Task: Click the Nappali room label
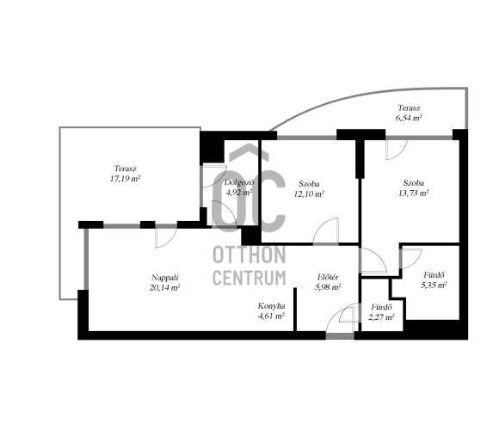tap(164, 278)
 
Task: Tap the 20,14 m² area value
tap(165, 288)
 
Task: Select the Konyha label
tap(271, 306)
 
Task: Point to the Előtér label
tap(328, 277)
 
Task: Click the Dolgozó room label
tap(239, 182)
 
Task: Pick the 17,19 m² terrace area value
tap(126, 178)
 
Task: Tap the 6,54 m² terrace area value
tap(409, 118)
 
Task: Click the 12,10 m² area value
tap(309, 193)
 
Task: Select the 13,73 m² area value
tap(413, 193)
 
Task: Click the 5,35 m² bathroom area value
tap(434, 285)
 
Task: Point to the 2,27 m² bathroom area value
tap(381, 317)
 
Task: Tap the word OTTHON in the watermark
tap(249, 255)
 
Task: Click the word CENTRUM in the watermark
tap(249, 277)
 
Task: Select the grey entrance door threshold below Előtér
tap(340, 336)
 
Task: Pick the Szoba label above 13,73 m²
tap(413, 183)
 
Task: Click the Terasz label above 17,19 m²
tap(126, 169)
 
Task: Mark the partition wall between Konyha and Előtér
tap(295, 310)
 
